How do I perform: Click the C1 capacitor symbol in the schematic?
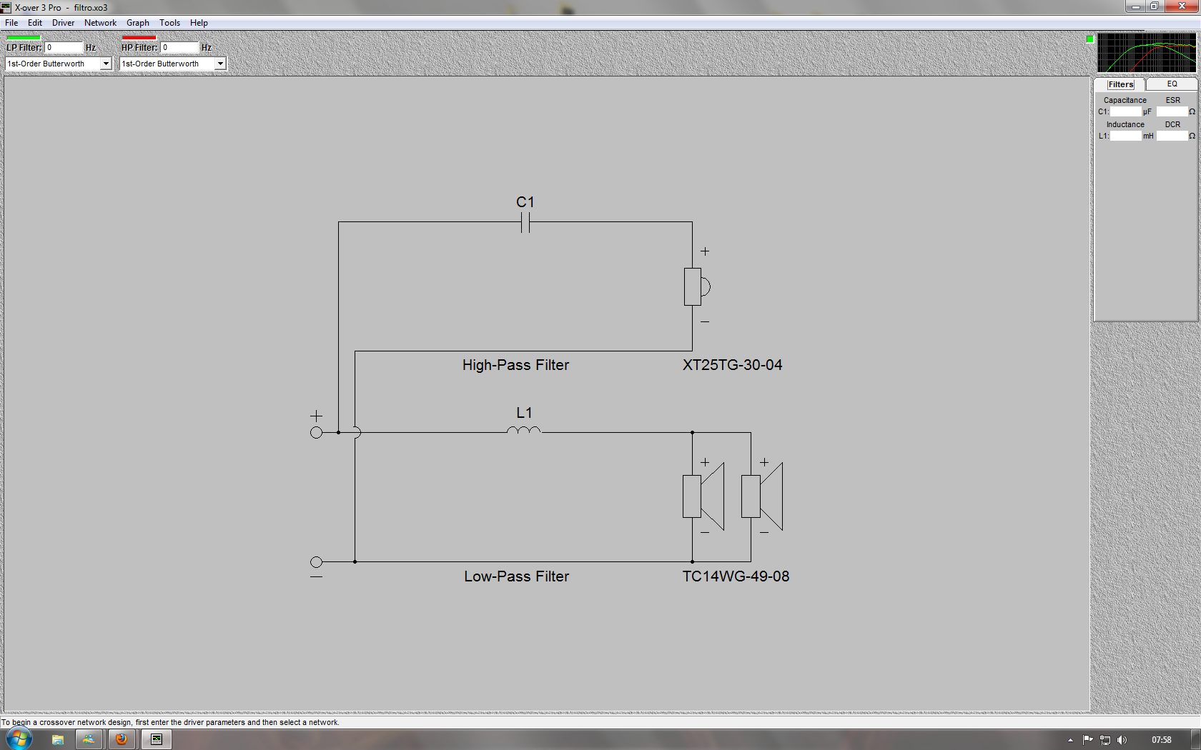525,222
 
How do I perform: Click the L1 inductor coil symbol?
524,430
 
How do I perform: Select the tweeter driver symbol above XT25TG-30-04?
697,286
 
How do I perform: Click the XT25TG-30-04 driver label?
732,365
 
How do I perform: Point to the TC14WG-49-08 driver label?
736,576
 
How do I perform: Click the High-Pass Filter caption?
515,365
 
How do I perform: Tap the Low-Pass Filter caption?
516,576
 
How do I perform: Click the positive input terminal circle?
316,432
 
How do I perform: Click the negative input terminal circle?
316,562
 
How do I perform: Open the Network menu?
100,23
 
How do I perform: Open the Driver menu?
63,23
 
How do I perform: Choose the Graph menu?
138,23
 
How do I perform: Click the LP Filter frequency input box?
64,47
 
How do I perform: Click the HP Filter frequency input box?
179,47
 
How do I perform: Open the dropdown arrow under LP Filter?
106,64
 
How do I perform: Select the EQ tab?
1172,84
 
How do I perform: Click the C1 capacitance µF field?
1125,111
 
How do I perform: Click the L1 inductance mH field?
1125,136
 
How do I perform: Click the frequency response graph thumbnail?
1147,53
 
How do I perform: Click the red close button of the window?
1182,6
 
